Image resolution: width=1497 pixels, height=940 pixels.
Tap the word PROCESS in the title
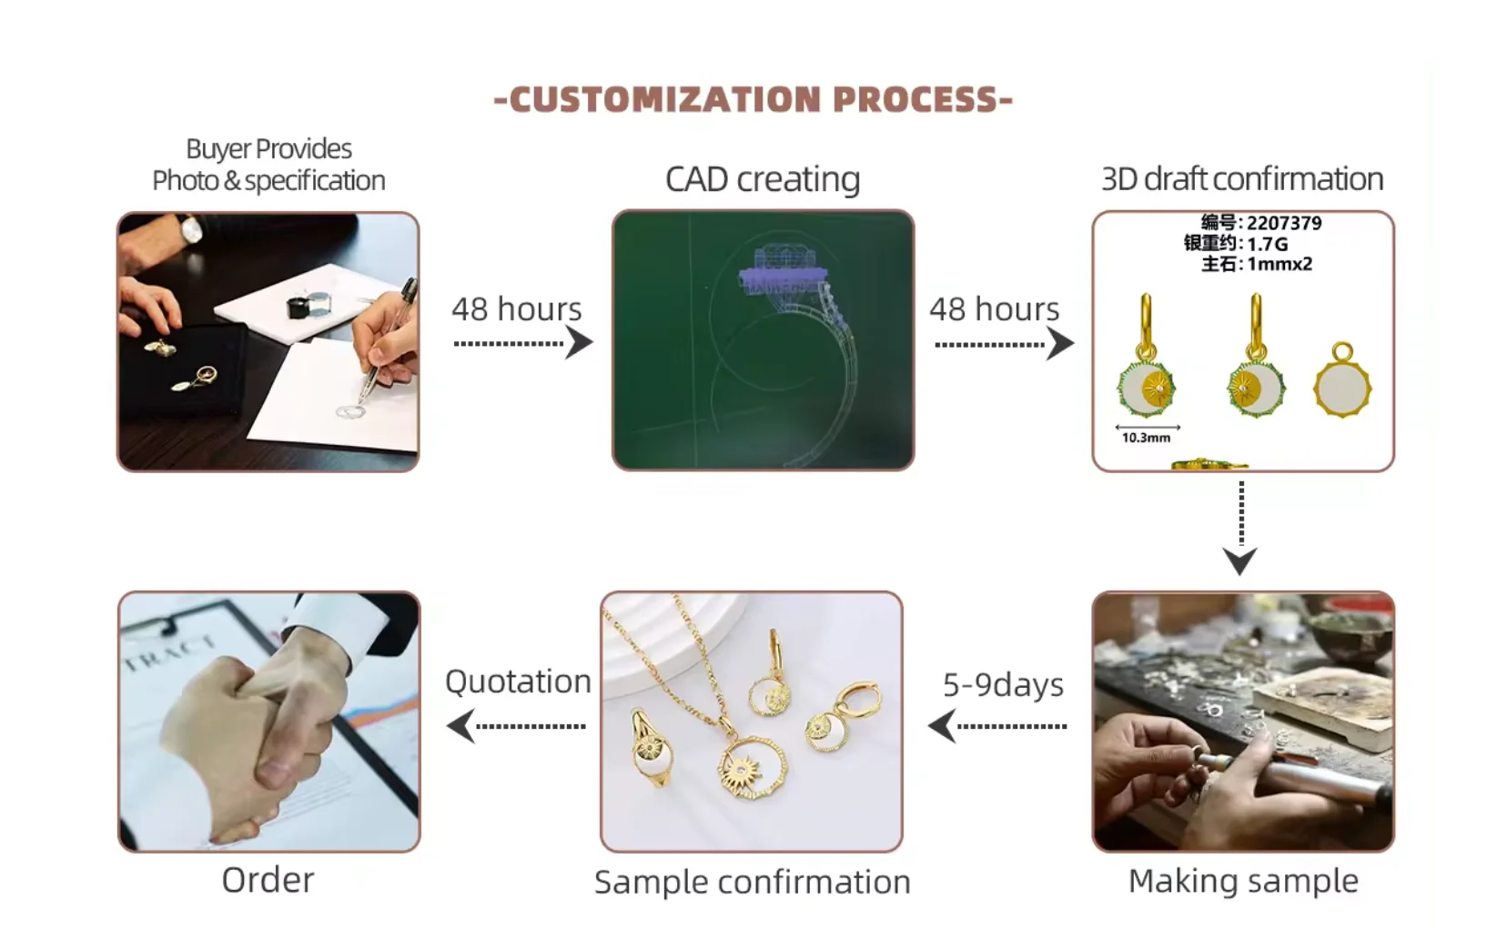[915, 99]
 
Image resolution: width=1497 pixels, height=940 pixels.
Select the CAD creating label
[763, 179]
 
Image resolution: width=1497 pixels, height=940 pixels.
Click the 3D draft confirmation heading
[1242, 179]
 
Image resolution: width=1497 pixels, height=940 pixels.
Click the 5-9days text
[1003, 684]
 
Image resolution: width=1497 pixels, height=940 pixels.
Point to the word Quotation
[518, 682]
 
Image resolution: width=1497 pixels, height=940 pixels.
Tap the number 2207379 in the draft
[1283, 223]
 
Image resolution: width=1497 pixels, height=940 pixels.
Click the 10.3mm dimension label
[1146, 438]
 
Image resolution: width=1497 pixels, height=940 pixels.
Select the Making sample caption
[1243, 881]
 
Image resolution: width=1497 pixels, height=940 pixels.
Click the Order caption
[268, 880]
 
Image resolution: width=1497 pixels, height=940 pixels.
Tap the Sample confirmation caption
[752, 882]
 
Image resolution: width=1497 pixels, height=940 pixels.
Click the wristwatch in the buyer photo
[192, 230]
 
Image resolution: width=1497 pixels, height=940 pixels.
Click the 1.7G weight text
[1267, 244]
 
